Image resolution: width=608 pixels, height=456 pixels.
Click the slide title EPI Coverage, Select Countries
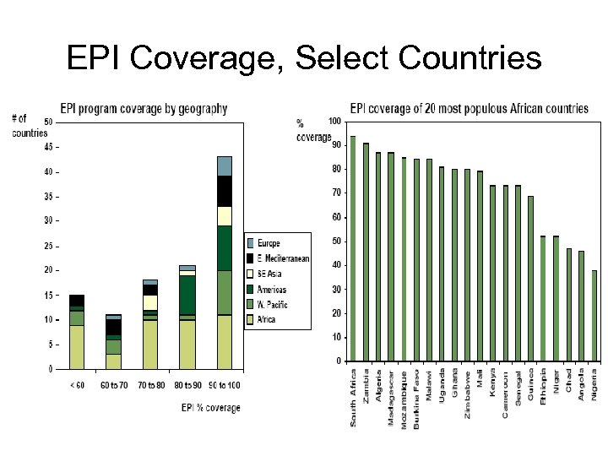[304, 58]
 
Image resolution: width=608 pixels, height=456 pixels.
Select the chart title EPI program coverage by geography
[143, 108]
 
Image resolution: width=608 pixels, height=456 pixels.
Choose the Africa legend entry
[269, 319]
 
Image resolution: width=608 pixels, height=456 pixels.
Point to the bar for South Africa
[352, 248]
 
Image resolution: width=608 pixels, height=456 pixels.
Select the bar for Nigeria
[594, 316]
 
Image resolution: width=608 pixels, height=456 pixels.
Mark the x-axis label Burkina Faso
[416, 399]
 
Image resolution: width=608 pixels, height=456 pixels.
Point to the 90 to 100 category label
[224, 387]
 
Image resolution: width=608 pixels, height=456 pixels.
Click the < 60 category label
[76, 387]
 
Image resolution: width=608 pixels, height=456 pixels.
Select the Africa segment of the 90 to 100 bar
[224, 342]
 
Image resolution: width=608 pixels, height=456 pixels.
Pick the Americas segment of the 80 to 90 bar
[187, 295]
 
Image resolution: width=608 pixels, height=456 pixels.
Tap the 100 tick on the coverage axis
[334, 122]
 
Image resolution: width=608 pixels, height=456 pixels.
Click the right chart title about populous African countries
[469, 108]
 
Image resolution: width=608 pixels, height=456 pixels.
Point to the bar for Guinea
[531, 279]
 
